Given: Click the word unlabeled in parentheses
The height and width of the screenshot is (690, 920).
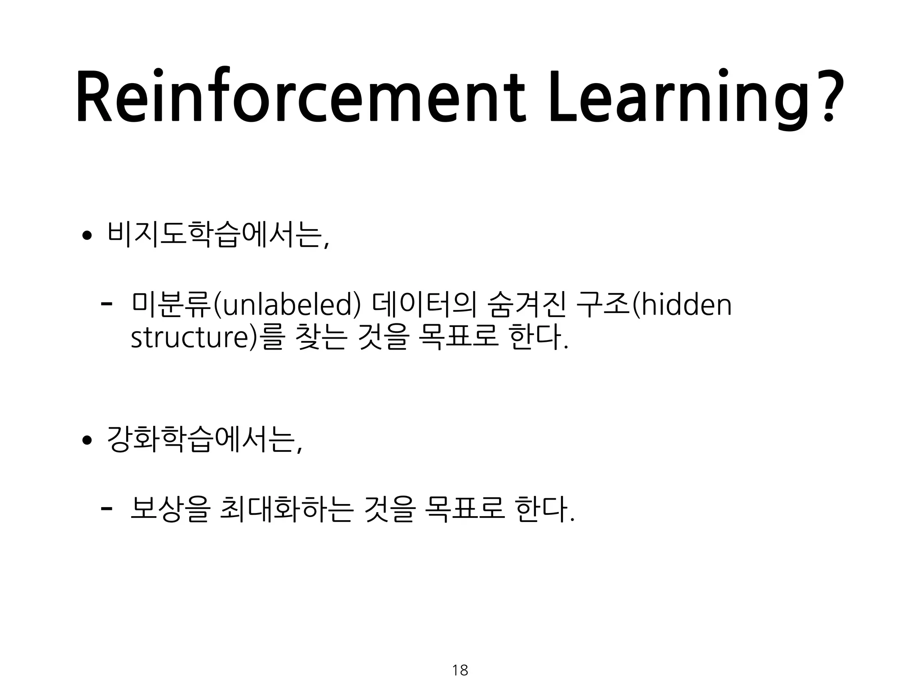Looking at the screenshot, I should (288, 305).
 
